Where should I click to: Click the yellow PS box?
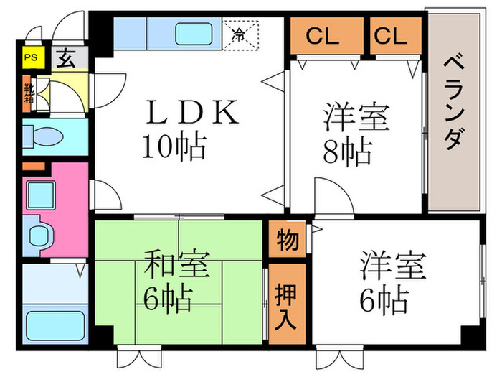click(33, 57)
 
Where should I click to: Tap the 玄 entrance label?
click(66, 58)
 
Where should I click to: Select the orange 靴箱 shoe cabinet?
click(27, 93)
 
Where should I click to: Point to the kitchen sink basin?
click(194, 34)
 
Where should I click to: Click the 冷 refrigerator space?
click(240, 35)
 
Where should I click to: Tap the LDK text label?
click(192, 112)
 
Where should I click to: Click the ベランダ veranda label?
click(454, 103)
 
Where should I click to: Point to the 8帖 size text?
click(348, 152)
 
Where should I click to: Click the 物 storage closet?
click(287, 239)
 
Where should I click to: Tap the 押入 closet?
click(287, 304)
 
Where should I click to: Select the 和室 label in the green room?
click(177, 264)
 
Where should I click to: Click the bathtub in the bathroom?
click(55, 326)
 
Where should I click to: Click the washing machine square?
click(41, 195)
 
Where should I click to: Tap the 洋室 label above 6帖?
click(394, 266)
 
